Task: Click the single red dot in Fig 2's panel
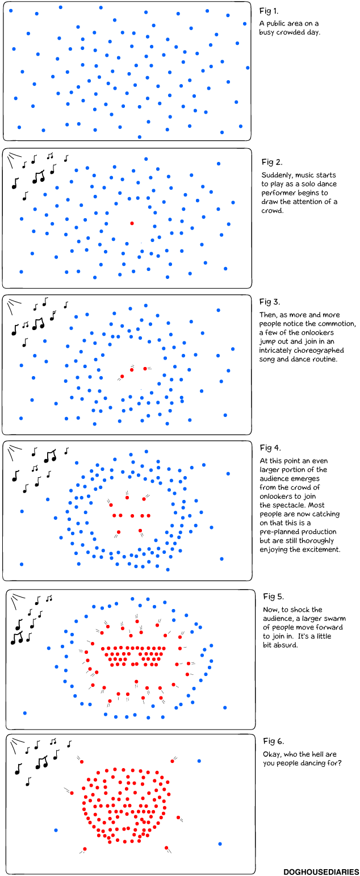[132, 223]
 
